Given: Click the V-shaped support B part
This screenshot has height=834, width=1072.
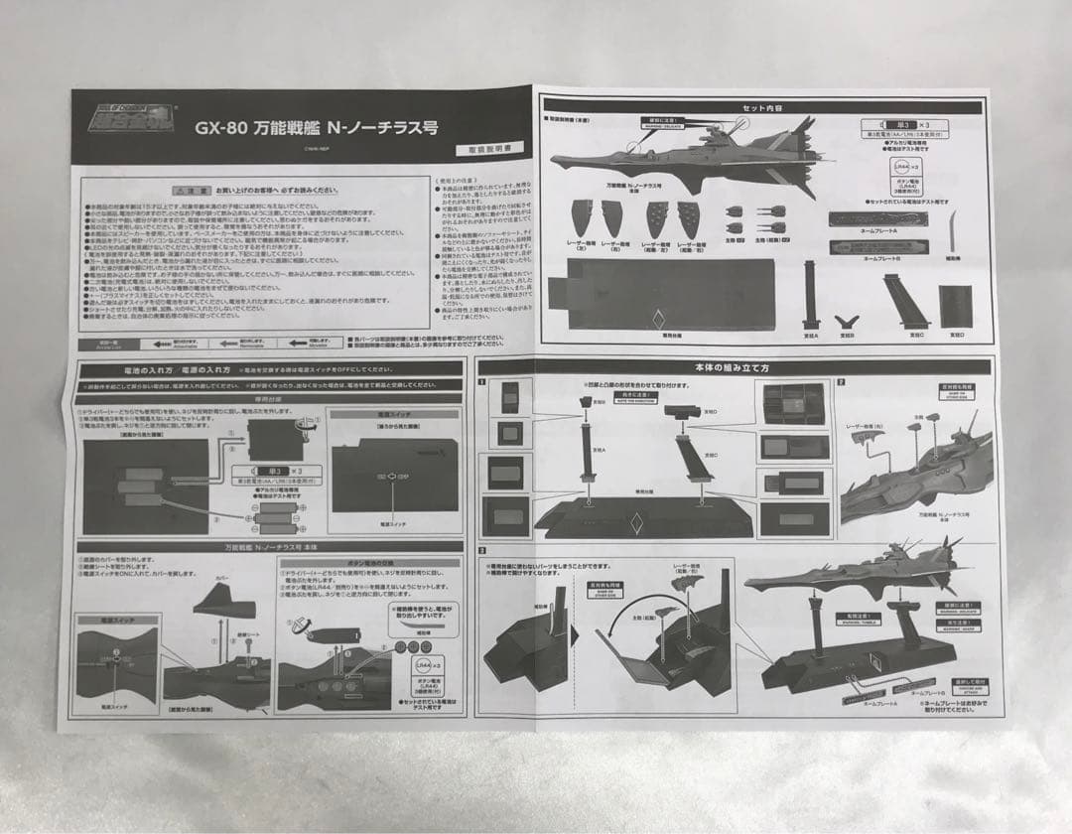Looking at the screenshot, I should point(847,323).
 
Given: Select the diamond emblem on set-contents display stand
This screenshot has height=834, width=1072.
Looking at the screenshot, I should point(658,322).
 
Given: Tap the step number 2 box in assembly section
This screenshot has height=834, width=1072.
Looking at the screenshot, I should point(840,381).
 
